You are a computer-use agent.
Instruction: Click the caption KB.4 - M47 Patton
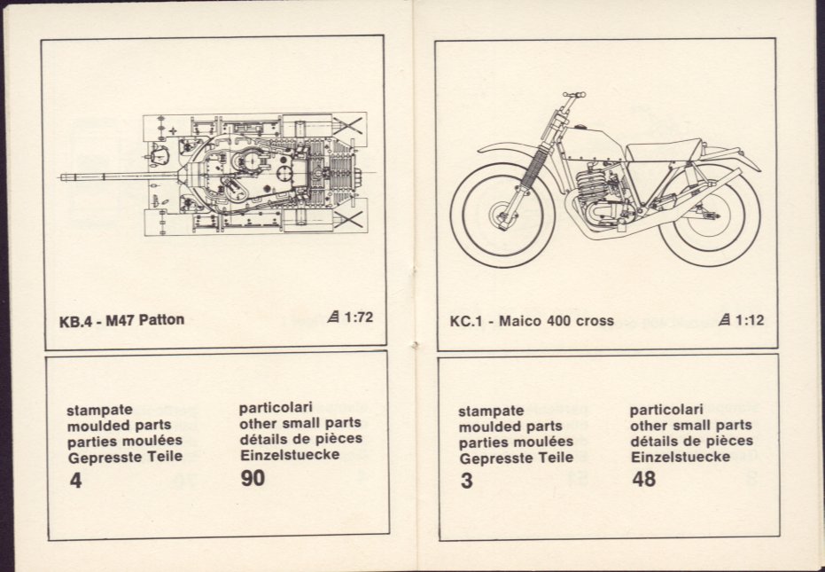point(121,320)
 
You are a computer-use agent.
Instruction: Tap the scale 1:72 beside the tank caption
point(358,317)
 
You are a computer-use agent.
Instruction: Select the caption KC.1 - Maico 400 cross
point(532,321)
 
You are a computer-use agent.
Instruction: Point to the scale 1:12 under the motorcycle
point(750,320)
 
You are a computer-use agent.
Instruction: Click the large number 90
point(253,478)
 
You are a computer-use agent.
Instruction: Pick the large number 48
point(643,479)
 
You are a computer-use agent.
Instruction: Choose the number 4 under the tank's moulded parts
point(75,481)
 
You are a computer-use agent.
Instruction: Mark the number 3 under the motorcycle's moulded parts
point(466,481)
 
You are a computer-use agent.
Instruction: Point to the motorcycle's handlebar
point(573,96)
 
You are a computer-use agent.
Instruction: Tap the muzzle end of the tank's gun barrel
point(62,177)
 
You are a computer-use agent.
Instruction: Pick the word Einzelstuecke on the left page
point(290,455)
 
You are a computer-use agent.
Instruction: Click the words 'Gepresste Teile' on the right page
point(516,458)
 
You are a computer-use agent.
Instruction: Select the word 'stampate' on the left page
point(99,411)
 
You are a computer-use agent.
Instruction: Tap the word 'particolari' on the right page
point(666,410)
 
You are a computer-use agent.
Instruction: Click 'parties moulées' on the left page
point(125,441)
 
